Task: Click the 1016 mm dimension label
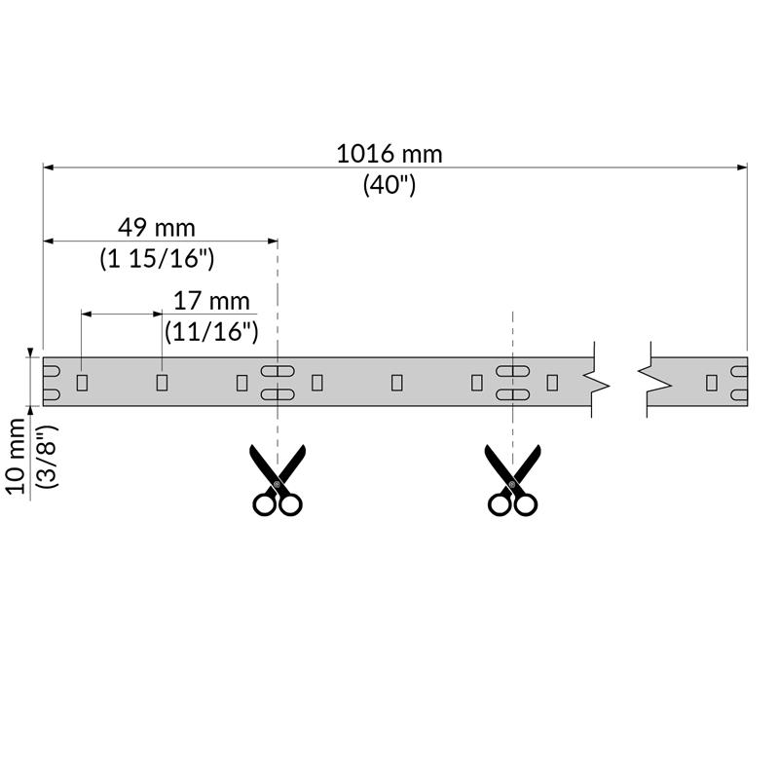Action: (389, 154)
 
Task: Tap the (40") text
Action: (389, 184)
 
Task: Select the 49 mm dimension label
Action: (157, 228)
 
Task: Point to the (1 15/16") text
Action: (157, 259)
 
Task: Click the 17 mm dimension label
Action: (211, 301)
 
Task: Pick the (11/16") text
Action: (211, 331)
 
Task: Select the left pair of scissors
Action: (278, 479)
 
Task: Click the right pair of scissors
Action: (513, 479)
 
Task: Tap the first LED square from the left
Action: (82, 382)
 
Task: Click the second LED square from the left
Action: (162, 382)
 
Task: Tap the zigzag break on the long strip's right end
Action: (598, 382)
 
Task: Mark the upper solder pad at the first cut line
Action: (277, 370)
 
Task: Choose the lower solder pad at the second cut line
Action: (513, 393)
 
